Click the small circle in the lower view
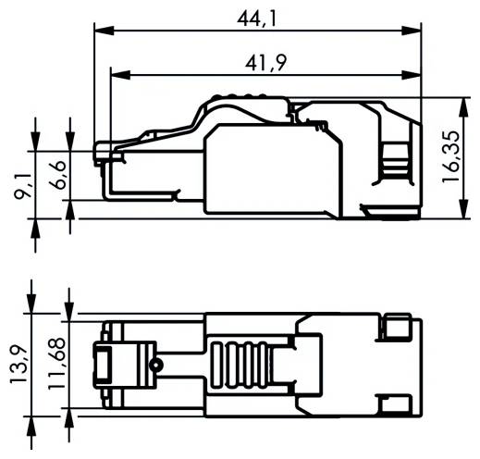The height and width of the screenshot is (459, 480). (158, 365)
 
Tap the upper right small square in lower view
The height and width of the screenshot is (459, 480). (399, 328)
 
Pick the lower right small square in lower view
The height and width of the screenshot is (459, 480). (399, 403)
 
